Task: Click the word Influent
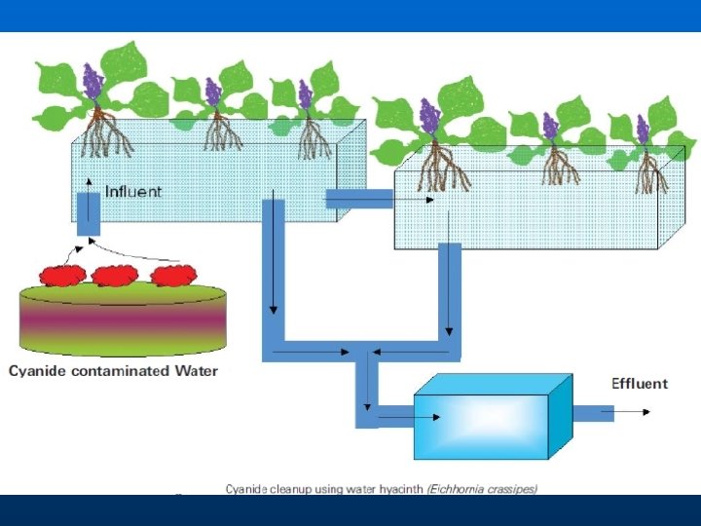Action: click(x=132, y=192)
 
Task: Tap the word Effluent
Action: click(x=640, y=383)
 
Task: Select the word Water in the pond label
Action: click(x=196, y=371)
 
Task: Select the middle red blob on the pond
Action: click(x=116, y=276)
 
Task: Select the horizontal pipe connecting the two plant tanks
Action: click(x=358, y=200)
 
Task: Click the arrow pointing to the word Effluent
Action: click(x=633, y=412)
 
